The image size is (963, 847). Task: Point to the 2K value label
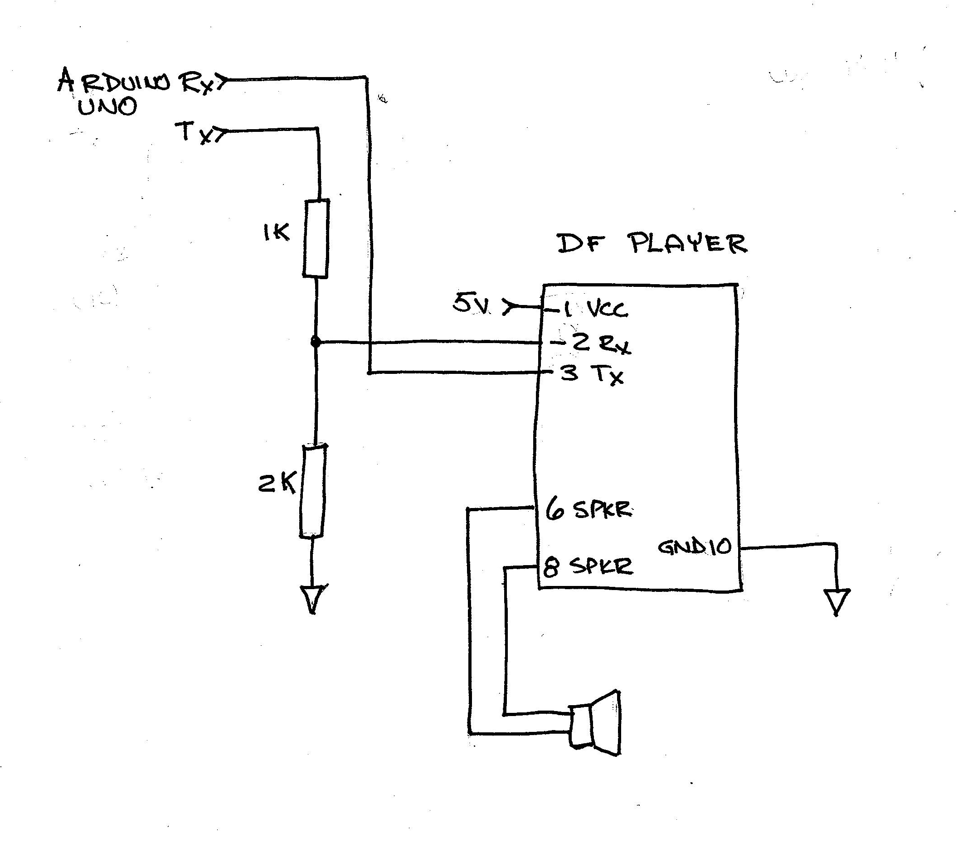tap(277, 484)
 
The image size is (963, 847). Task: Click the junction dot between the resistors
tap(316, 342)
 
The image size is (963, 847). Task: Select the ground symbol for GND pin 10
tap(837, 601)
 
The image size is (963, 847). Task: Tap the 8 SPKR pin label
tap(588, 566)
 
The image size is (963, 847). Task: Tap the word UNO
tap(107, 107)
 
